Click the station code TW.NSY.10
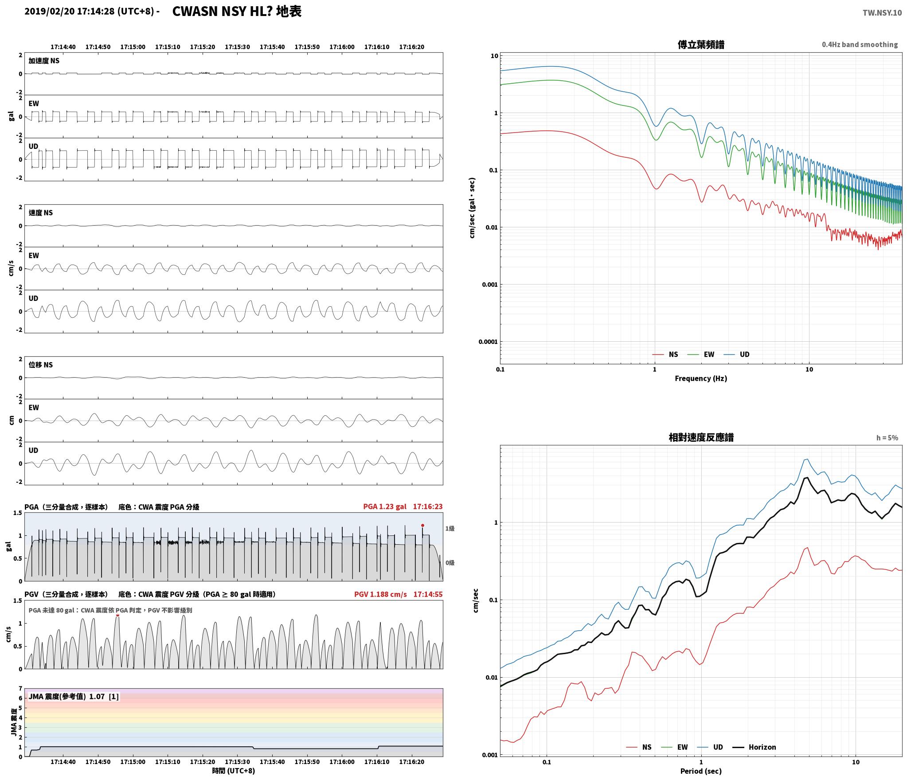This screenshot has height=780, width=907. pos(882,12)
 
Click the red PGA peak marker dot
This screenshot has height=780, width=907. pos(422,525)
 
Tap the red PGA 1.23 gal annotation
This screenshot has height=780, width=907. pos(384,507)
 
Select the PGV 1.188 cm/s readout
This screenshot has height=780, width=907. pos(380,594)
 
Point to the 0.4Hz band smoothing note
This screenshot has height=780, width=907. pos(860,45)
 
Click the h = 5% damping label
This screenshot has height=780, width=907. pos(887,438)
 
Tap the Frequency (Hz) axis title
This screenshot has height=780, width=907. pos(701,378)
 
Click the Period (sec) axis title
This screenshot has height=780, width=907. pos(701,772)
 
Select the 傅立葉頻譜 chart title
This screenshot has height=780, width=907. pos(701,44)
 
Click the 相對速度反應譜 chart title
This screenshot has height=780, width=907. pos(701,437)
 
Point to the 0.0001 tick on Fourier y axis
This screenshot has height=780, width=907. pos(488,342)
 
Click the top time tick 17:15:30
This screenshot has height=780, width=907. pos(237,47)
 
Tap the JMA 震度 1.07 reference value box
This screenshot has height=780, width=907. pos(74,697)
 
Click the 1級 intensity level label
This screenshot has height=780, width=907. pos(450,528)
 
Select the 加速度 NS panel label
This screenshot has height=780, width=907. pos(44,61)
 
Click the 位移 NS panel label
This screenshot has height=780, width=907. pos(41,365)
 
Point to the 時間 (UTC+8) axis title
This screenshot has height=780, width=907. pos(234,771)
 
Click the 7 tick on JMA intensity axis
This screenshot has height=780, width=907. pos(20,688)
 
